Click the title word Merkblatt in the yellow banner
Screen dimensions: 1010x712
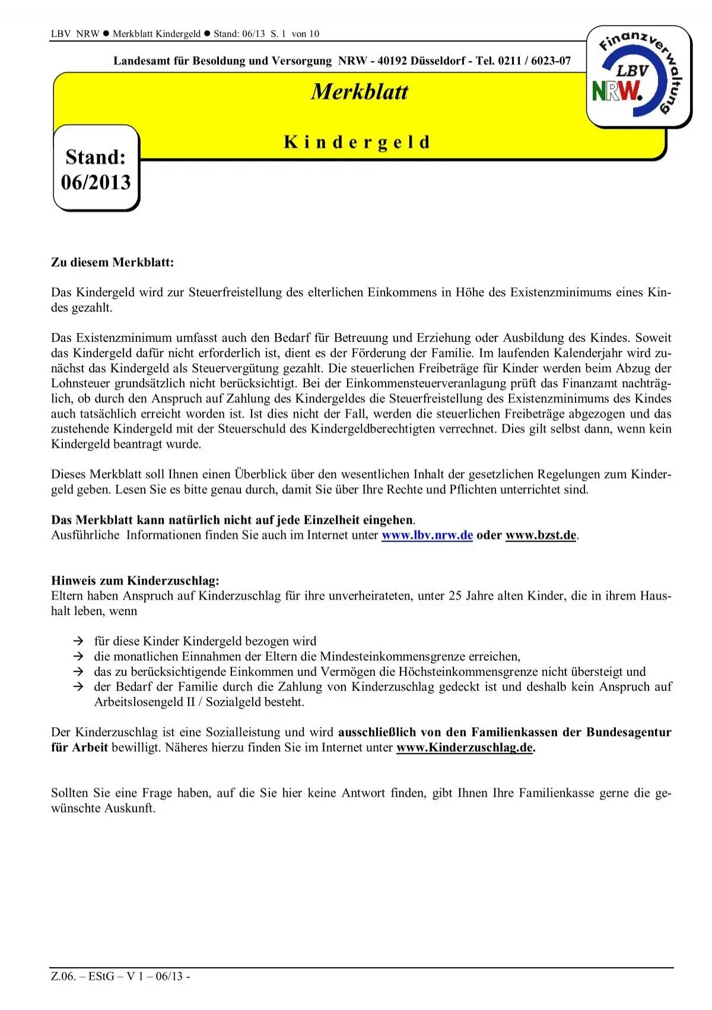pos(360,92)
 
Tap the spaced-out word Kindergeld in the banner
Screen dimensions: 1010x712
pos(357,143)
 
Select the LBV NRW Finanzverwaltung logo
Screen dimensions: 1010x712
pos(638,76)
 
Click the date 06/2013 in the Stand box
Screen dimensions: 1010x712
pos(96,182)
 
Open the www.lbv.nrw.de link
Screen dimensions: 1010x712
pos(427,535)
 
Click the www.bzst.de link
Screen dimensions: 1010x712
pos(541,535)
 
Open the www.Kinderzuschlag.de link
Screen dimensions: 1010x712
pos(465,748)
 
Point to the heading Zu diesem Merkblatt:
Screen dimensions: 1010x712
pos(113,262)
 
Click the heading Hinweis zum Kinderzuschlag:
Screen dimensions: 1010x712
pos(135,581)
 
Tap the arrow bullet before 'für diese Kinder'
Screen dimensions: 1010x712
pos(78,641)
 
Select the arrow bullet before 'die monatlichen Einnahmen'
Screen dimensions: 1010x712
pos(78,657)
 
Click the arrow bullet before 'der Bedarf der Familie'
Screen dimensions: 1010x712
pos(78,687)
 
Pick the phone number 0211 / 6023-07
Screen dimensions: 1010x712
pos(535,61)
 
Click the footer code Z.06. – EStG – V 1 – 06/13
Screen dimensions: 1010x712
pos(120,977)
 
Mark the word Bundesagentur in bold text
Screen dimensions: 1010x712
pos(629,732)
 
